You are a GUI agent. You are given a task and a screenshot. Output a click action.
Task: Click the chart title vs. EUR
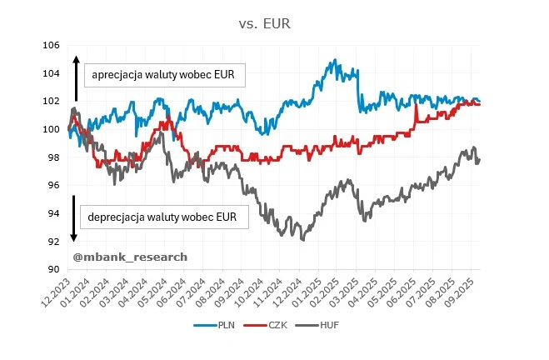coord(274,24)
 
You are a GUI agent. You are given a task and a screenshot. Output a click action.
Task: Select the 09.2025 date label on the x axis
coord(462,292)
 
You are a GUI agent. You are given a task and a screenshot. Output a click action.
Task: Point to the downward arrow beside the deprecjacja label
coord(75,219)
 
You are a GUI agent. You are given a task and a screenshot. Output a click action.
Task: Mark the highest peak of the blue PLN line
coord(334,60)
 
